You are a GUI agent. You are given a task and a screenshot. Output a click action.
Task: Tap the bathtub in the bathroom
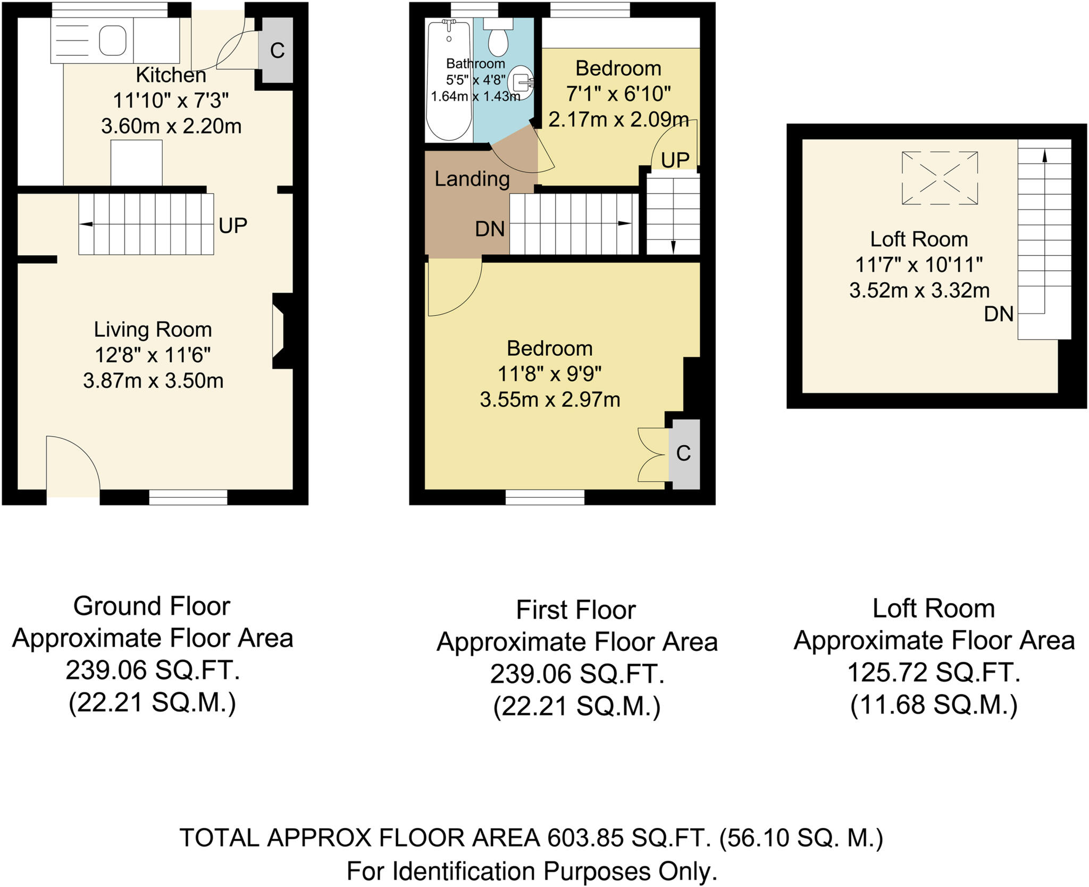pyautogui.click(x=449, y=80)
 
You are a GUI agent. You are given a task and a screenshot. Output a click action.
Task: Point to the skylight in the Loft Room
pyautogui.click(x=940, y=178)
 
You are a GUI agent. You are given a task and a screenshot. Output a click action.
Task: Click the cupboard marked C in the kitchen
pyautogui.click(x=277, y=51)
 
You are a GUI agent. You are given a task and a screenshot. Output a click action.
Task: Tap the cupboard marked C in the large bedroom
pyautogui.click(x=683, y=454)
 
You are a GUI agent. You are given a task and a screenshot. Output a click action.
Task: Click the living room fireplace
pyautogui.click(x=280, y=331)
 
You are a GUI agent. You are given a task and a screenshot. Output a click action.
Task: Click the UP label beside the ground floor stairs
pyautogui.click(x=233, y=226)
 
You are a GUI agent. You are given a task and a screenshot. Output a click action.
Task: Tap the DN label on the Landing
pyautogui.click(x=490, y=229)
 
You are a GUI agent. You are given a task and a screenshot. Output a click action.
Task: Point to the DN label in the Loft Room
pyautogui.click(x=999, y=314)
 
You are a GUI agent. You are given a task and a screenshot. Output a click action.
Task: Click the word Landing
pyautogui.click(x=472, y=179)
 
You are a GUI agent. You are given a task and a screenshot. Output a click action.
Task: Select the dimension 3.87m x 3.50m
pyautogui.click(x=153, y=381)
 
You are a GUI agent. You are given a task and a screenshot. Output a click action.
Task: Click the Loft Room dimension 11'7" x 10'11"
pyautogui.click(x=919, y=264)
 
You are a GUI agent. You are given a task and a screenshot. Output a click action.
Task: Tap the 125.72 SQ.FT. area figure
pyautogui.click(x=934, y=673)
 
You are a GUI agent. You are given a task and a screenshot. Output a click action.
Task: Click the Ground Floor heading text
pyautogui.click(x=152, y=606)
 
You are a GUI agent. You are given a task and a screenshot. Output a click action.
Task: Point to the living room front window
pyautogui.click(x=188, y=497)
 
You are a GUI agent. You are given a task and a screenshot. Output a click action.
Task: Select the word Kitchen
pyautogui.click(x=171, y=76)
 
